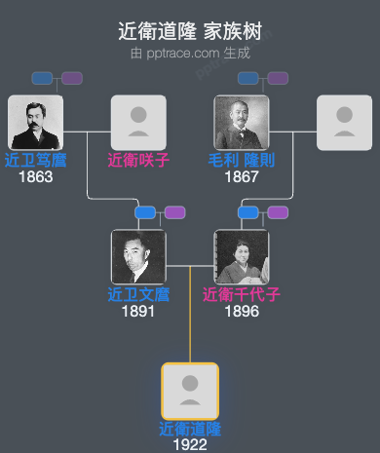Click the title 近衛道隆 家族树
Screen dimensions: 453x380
(x=190, y=32)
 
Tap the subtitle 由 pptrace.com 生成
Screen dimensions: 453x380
(x=190, y=53)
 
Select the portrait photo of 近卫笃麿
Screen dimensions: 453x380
(x=35, y=123)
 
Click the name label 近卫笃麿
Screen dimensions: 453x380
(x=35, y=160)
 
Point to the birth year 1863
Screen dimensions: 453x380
(x=35, y=176)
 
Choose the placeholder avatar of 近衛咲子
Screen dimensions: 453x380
(x=138, y=123)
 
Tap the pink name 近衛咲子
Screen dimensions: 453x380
(x=138, y=160)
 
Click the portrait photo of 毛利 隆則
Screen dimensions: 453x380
(x=242, y=123)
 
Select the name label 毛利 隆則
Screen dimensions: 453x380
(x=242, y=160)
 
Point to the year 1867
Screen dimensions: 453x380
(x=242, y=176)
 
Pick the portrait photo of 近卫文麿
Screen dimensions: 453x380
(x=138, y=257)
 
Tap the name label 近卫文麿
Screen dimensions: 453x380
(x=138, y=294)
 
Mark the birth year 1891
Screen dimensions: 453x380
(x=138, y=311)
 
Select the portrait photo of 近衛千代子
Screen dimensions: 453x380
(x=242, y=257)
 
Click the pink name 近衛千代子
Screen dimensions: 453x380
(x=242, y=294)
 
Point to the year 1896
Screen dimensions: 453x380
(x=242, y=311)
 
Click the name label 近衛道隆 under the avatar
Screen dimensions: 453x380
(x=190, y=429)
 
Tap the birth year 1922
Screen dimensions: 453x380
(x=190, y=444)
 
